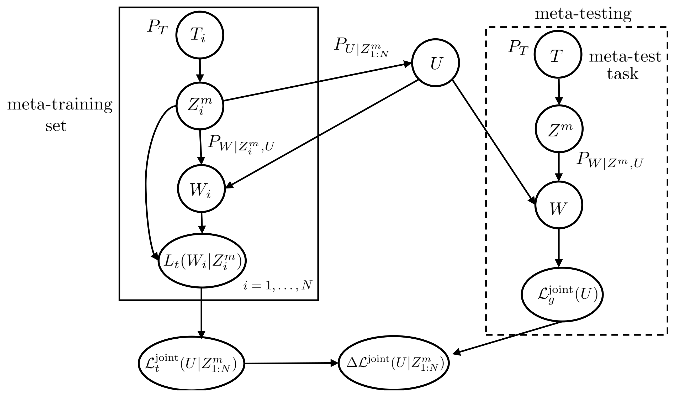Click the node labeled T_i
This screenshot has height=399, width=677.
click(x=200, y=35)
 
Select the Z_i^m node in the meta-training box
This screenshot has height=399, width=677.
click(x=200, y=106)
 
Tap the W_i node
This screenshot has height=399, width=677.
click(x=201, y=188)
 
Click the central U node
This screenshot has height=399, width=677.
click(x=435, y=63)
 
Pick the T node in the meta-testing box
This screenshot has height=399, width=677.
click(x=558, y=55)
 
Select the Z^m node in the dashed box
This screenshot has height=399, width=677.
click(x=559, y=129)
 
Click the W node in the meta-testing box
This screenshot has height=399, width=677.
click(x=559, y=205)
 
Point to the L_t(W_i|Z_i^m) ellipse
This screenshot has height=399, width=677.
click(x=202, y=261)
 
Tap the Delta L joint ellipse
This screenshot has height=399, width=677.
click(x=393, y=363)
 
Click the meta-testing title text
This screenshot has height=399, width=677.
click(x=583, y=13)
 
